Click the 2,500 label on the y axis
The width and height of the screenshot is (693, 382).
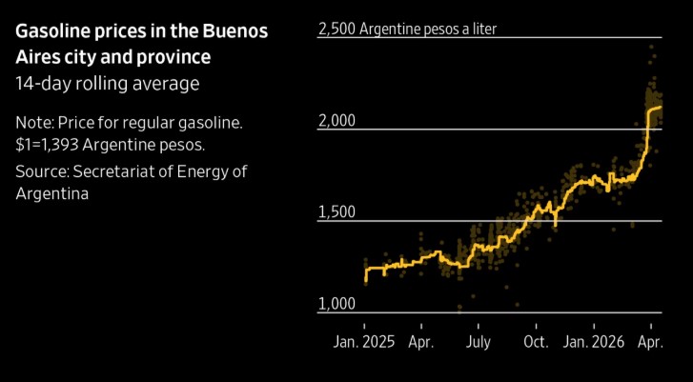335,29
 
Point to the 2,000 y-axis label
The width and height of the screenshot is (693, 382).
335,120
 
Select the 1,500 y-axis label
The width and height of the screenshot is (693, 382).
335,211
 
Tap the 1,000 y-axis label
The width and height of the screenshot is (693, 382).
335,304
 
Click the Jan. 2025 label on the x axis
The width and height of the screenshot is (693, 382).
364,340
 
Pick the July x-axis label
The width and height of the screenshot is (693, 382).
479,340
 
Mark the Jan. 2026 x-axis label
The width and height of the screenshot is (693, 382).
592,340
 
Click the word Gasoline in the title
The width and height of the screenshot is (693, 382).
52,31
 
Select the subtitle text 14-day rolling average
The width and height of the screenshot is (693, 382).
107,84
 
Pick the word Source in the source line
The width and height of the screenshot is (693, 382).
41,171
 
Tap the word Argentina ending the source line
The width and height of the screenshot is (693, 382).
52,194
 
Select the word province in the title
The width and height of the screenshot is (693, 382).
178,57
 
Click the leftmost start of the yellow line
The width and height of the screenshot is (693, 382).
365,278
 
